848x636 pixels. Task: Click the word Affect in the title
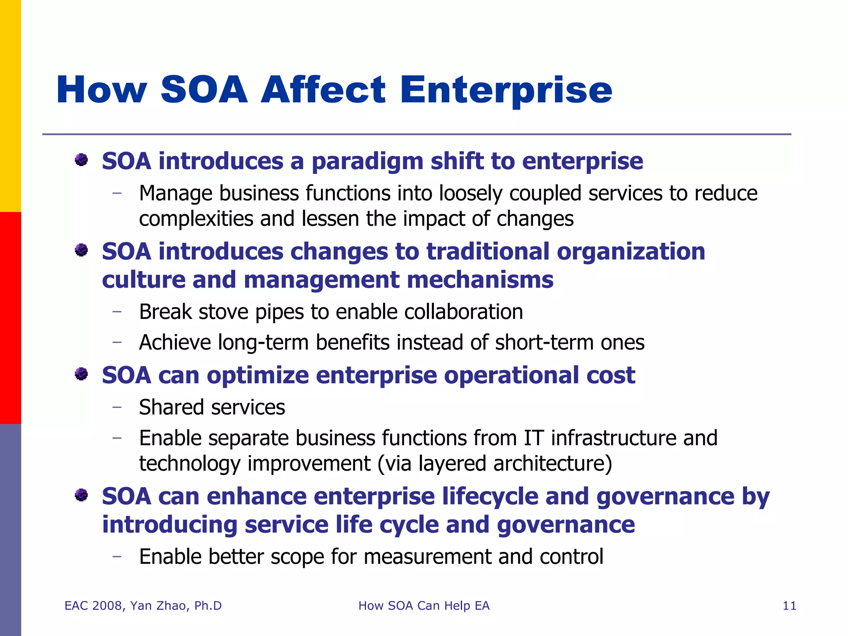[323, 90]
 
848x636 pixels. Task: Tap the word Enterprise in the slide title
[506, 90]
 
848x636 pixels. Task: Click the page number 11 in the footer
[789, 606]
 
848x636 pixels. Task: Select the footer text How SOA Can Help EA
[424, 606]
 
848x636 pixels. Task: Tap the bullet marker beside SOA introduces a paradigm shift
[82, 160]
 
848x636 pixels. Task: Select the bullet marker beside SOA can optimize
[82, 374]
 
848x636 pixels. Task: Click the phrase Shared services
[212, 407]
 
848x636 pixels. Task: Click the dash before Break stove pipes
[117, 311]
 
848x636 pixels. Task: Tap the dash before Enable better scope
[117, 556]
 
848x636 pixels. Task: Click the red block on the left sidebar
[10, 318]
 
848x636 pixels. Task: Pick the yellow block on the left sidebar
[10, 106]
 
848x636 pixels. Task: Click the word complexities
[196, 219]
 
